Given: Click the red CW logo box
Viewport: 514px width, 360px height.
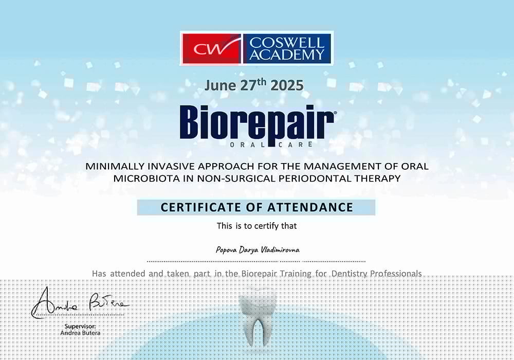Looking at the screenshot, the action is click(212, 48).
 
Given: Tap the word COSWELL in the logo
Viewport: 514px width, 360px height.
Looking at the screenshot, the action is click(287, 43).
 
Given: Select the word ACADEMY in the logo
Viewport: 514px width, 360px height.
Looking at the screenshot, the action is click(287, 55).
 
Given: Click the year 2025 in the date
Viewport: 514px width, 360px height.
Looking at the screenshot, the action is click(287, 85).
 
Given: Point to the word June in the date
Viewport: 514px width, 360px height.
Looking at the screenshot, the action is click(220, 85).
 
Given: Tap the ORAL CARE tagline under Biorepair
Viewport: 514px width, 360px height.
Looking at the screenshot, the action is click(271, 145).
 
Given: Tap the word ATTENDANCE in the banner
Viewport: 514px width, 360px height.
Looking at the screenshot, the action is click(310, 207).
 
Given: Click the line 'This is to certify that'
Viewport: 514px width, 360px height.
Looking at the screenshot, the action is click(256, 226).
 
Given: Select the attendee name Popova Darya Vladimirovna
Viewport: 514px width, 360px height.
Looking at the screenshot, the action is click(258, 250).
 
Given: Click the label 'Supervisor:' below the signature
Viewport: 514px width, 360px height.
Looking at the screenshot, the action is click(80, 326).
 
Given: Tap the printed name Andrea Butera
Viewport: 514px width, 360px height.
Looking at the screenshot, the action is click(80, 333).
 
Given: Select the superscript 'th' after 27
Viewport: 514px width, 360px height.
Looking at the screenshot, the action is click(262, 82).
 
